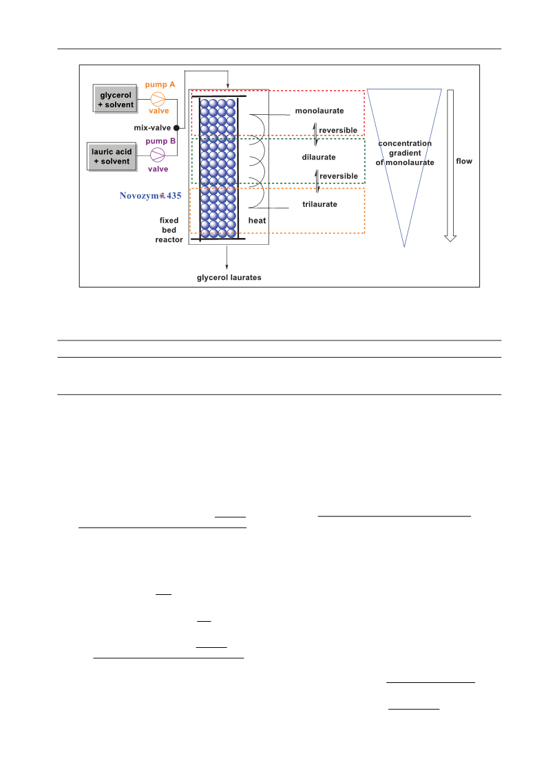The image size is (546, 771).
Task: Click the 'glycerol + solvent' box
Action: (x=115, y=99)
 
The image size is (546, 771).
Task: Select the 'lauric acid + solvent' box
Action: (x=112, y=157)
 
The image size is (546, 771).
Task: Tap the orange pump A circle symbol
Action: (x=158, y=99)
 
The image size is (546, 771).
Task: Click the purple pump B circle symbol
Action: (x=158, y=155)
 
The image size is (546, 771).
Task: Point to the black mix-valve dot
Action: (x=176, y=128)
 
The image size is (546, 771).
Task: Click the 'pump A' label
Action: (x=160, y=85)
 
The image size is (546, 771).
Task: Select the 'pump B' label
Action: (x=160, y=141)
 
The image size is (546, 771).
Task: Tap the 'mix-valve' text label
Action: (x=152, y=128)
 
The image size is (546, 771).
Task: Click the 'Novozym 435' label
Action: (x=150, y=196)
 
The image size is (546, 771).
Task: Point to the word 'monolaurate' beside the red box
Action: (x=319, y=111)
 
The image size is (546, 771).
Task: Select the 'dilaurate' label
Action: (x=319, y=158)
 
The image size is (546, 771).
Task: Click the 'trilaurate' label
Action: (x=319, y=204)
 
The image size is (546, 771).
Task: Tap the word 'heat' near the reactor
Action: (x=257, y=221)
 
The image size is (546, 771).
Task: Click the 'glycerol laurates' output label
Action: (x=229, y=278)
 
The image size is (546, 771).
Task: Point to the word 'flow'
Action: (x=464, y=161)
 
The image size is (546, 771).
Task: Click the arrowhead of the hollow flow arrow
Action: (x=450, y=239)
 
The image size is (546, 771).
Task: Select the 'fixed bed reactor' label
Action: (x=169, y=230)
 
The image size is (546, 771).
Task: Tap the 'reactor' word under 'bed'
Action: (x=169, y=240)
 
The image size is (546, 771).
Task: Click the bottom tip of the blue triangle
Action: (x=404, y=247)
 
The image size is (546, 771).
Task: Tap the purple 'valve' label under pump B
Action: (x=158, y=169)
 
